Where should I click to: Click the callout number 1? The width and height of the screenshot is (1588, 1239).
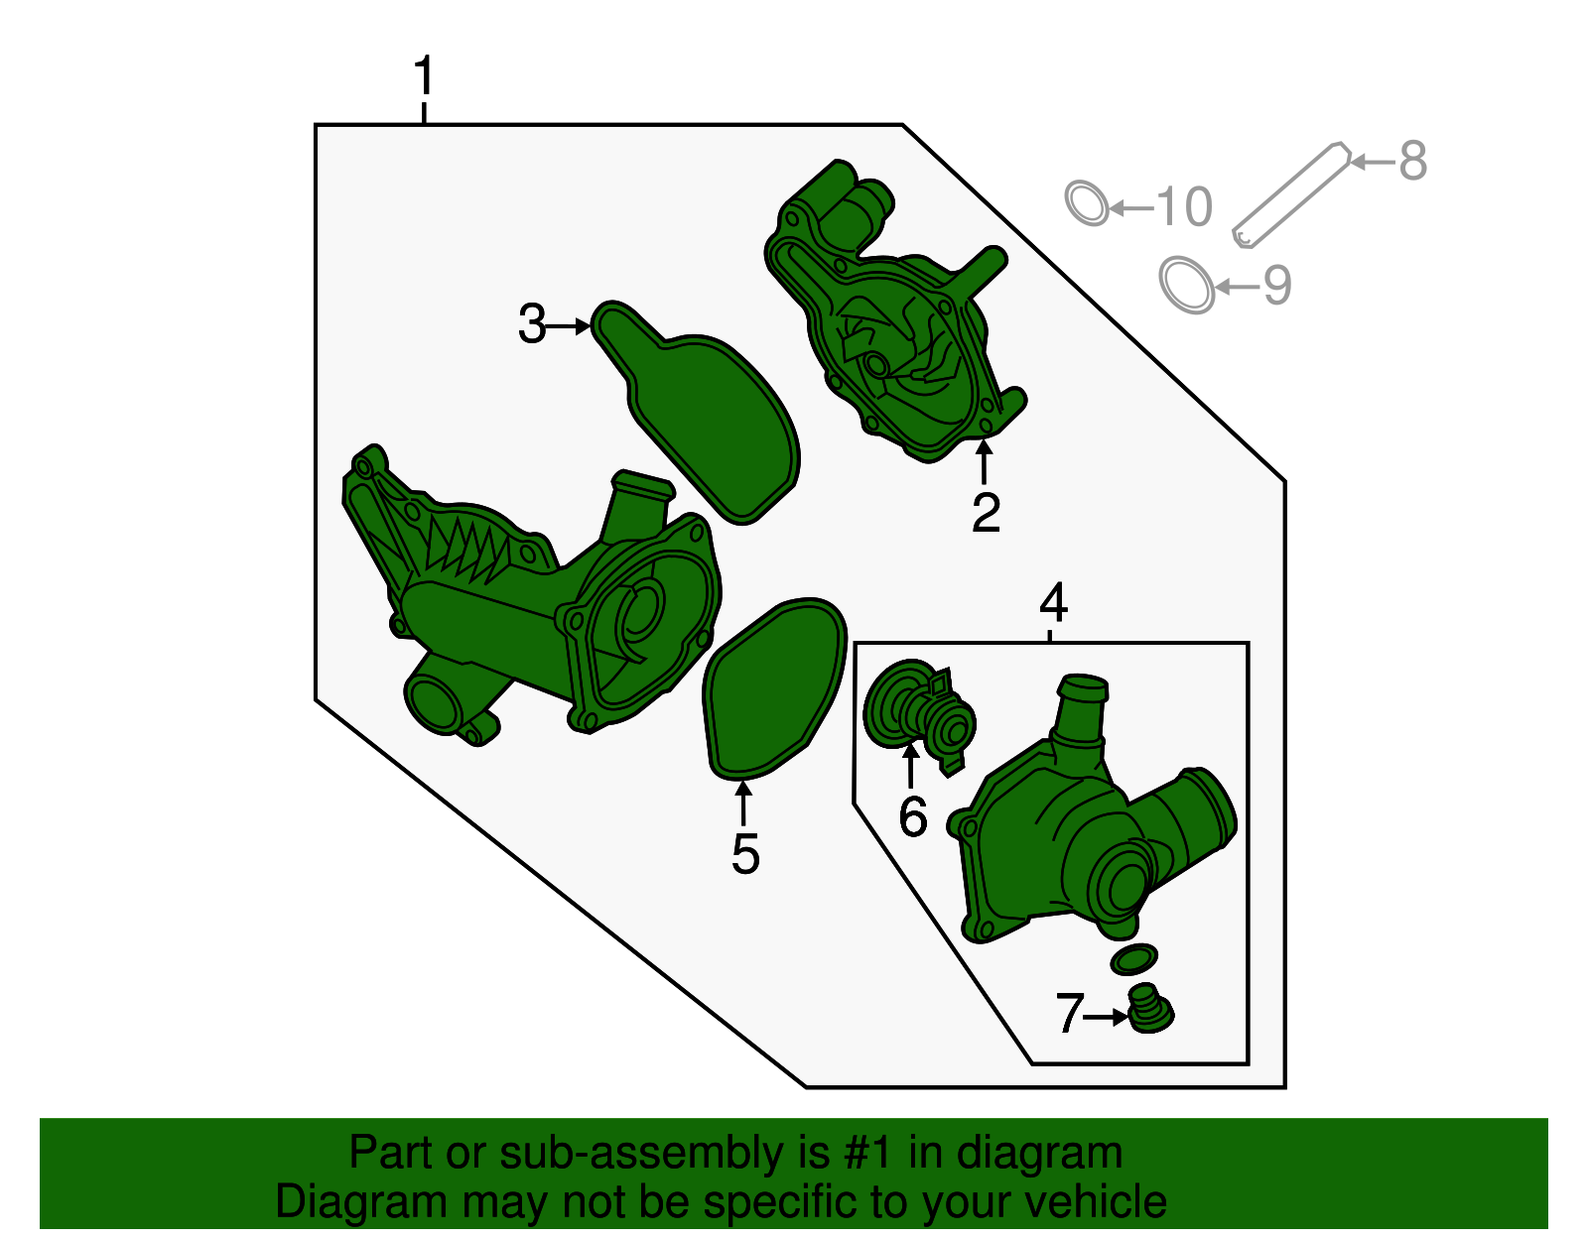pyautogui.click(x=424, y=75)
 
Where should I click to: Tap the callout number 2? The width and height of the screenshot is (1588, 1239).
pyautogui.click(x=986, y=513)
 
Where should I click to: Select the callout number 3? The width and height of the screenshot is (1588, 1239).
pyautogui.click(x=532, y=323)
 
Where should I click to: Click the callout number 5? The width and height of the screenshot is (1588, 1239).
pyautogui.click(x=745, y=853)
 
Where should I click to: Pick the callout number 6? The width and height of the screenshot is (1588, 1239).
pyautogui.click(x=913, y=816)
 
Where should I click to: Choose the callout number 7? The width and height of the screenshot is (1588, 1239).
pyautogui.click(x=1070, y=1013)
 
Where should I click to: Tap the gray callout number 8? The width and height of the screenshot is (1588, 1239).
pyautogui.click(x=1412, y=161)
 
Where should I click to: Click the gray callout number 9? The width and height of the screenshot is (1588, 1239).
pyautogui.click(x=1276, y=285)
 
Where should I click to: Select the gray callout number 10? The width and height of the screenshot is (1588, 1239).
pyautogui.click(x=1184, y=206)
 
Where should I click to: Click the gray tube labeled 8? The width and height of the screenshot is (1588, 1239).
pyautogui.click(x=1291, y=195)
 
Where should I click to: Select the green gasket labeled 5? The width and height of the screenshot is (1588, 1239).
pyautogui.click(x=774, y=686)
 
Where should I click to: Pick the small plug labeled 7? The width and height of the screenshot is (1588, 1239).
pyautogui.click(x=1150, y=1010)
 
